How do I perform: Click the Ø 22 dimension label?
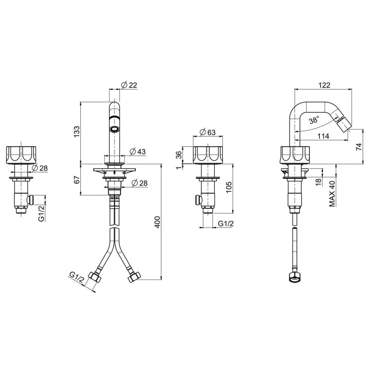pyautogui.click(x=129, y=85)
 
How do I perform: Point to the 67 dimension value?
pyautogui.click(x=77, y=179)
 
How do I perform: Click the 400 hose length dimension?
pyautogui.click(x=157, y=222)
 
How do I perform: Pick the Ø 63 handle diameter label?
pyautogui.click(x=208, y=132)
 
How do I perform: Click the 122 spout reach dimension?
pyautogui.click(x=324, y=85)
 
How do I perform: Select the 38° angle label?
pyautogui.click(x=314, y=120)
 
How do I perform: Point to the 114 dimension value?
pyautogui.click(x=323, y=136)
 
